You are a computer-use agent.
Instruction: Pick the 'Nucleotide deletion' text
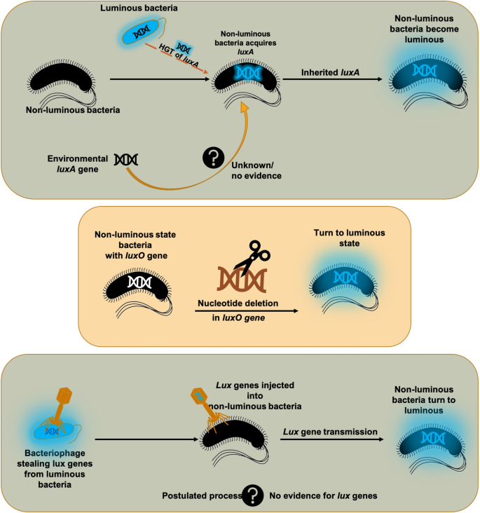point(239,303)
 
